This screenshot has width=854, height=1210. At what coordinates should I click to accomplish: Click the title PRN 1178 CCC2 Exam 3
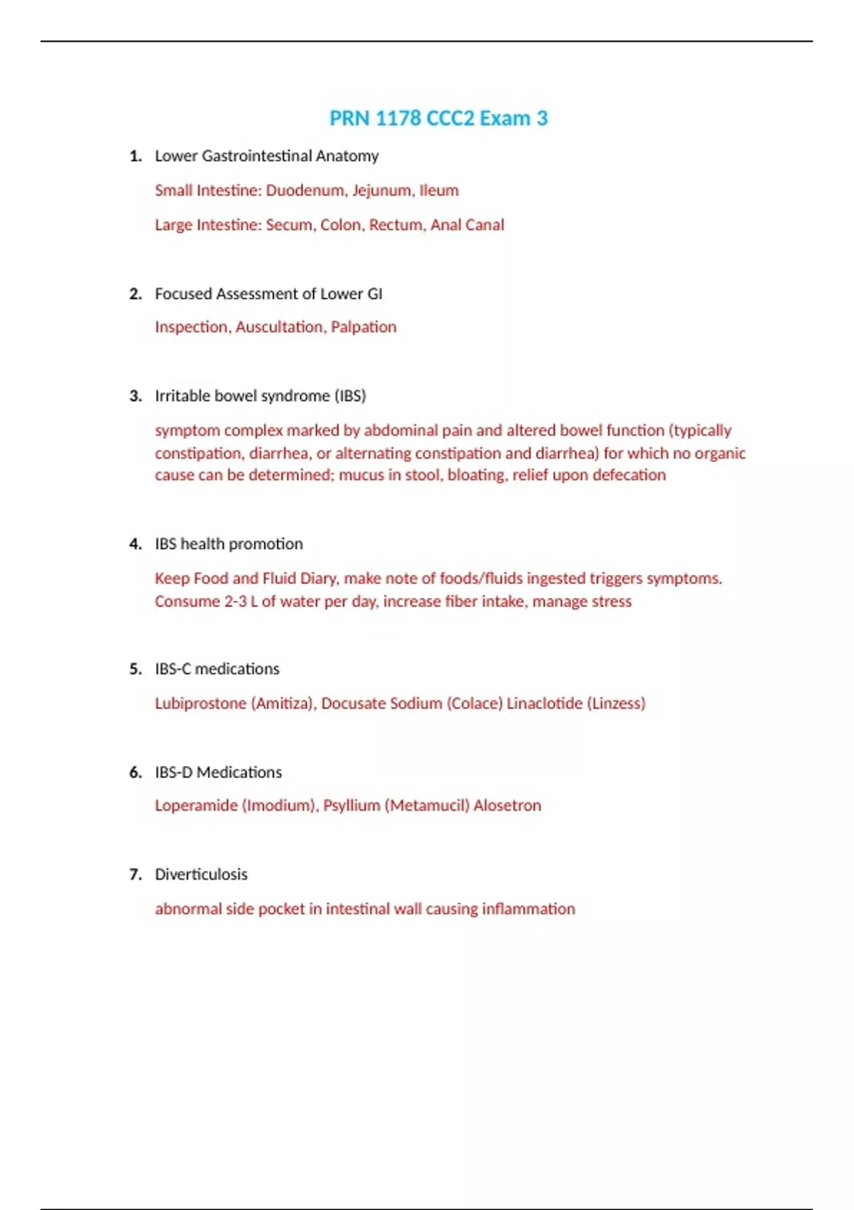coord(438,118)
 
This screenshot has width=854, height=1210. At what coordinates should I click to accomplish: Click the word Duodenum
coord(305,191)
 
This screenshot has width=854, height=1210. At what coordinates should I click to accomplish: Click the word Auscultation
coord(280,327)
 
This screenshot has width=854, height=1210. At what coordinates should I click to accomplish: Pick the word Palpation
coord(364,327)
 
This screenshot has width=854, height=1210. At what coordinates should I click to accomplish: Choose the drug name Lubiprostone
coord(201,703)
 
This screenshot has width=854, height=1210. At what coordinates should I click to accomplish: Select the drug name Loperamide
coord(196,806)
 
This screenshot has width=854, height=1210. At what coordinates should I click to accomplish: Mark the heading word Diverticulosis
coord(201,874)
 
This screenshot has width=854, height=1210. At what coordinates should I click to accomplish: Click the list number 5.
coord(135,669)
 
